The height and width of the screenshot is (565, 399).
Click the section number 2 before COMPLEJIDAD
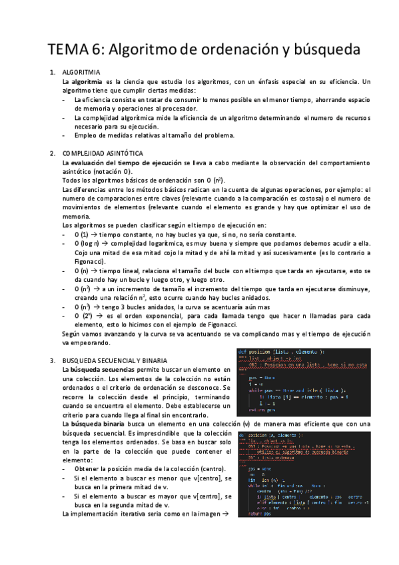(x=53, y=153)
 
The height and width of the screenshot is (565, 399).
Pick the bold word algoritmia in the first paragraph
(x=87, y=81)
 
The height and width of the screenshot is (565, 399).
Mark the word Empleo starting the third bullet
(x=87, y=135)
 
